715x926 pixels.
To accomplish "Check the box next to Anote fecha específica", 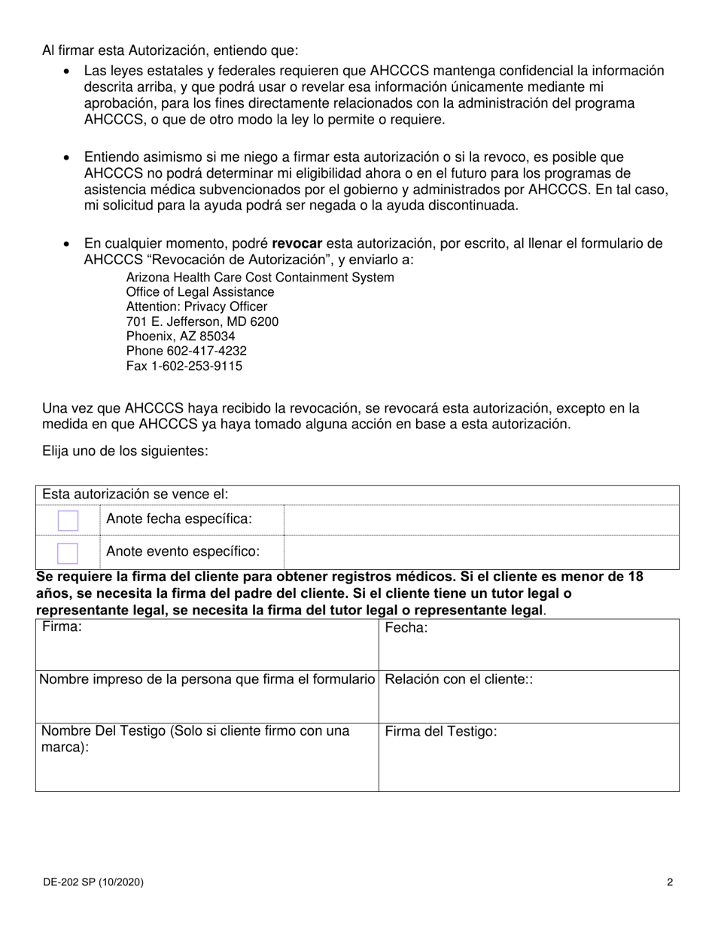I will (68, 520).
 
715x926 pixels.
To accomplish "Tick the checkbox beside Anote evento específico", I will (68, 553).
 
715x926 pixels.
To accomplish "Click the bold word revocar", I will (297, 243).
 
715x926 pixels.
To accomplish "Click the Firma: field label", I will (62, 627).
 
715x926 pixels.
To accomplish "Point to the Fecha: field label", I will (406, 627).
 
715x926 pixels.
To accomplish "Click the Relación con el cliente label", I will (458, 679).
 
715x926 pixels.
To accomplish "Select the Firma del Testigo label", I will (441, 731).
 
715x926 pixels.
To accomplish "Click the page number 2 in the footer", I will (669, 882).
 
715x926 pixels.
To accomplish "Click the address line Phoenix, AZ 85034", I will (180, 336).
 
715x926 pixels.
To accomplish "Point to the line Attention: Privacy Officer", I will (196, 306).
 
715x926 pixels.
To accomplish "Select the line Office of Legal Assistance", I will (200, 292).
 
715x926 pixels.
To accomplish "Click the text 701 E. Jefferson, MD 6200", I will (202, 321).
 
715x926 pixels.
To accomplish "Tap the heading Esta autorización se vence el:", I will (135, 495).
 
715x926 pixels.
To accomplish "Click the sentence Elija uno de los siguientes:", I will (125, 451).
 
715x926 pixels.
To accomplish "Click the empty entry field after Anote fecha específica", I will (481, 520).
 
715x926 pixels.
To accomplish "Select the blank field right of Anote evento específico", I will (481, 553).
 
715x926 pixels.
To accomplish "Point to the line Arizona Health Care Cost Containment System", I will (260, 277).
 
